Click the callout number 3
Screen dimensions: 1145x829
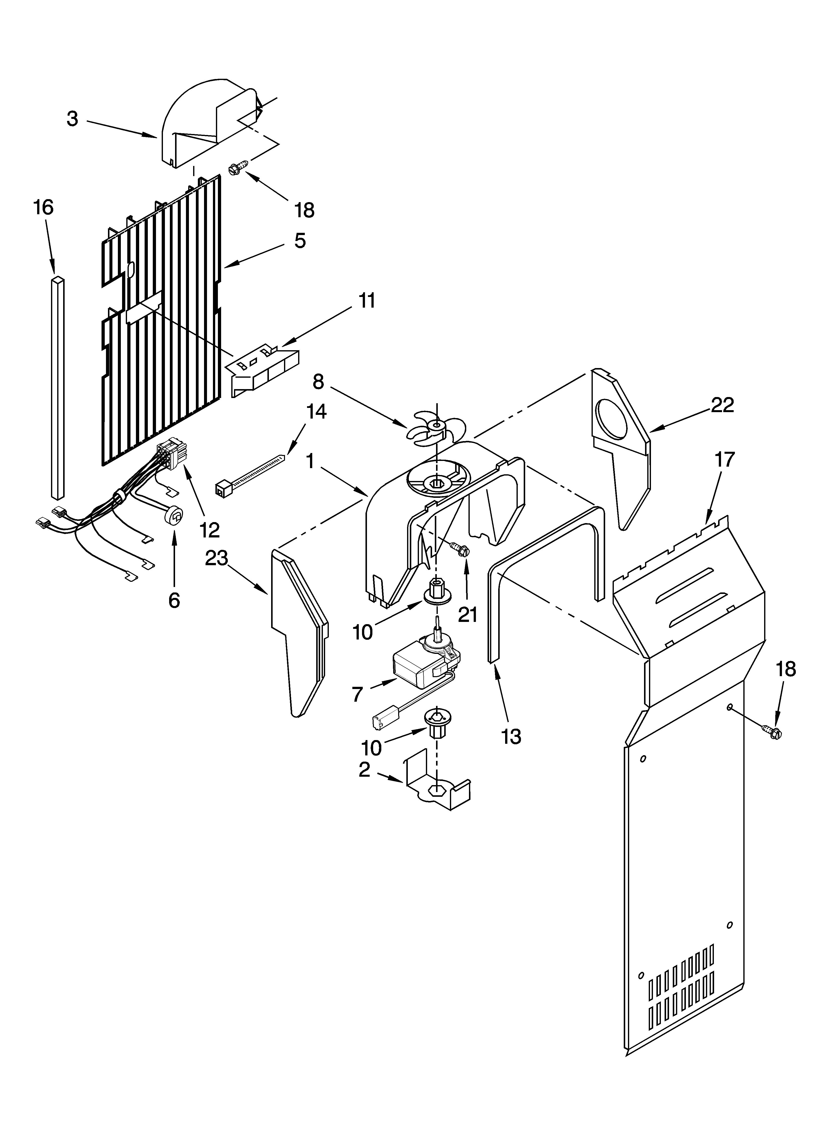tap(73, 119)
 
